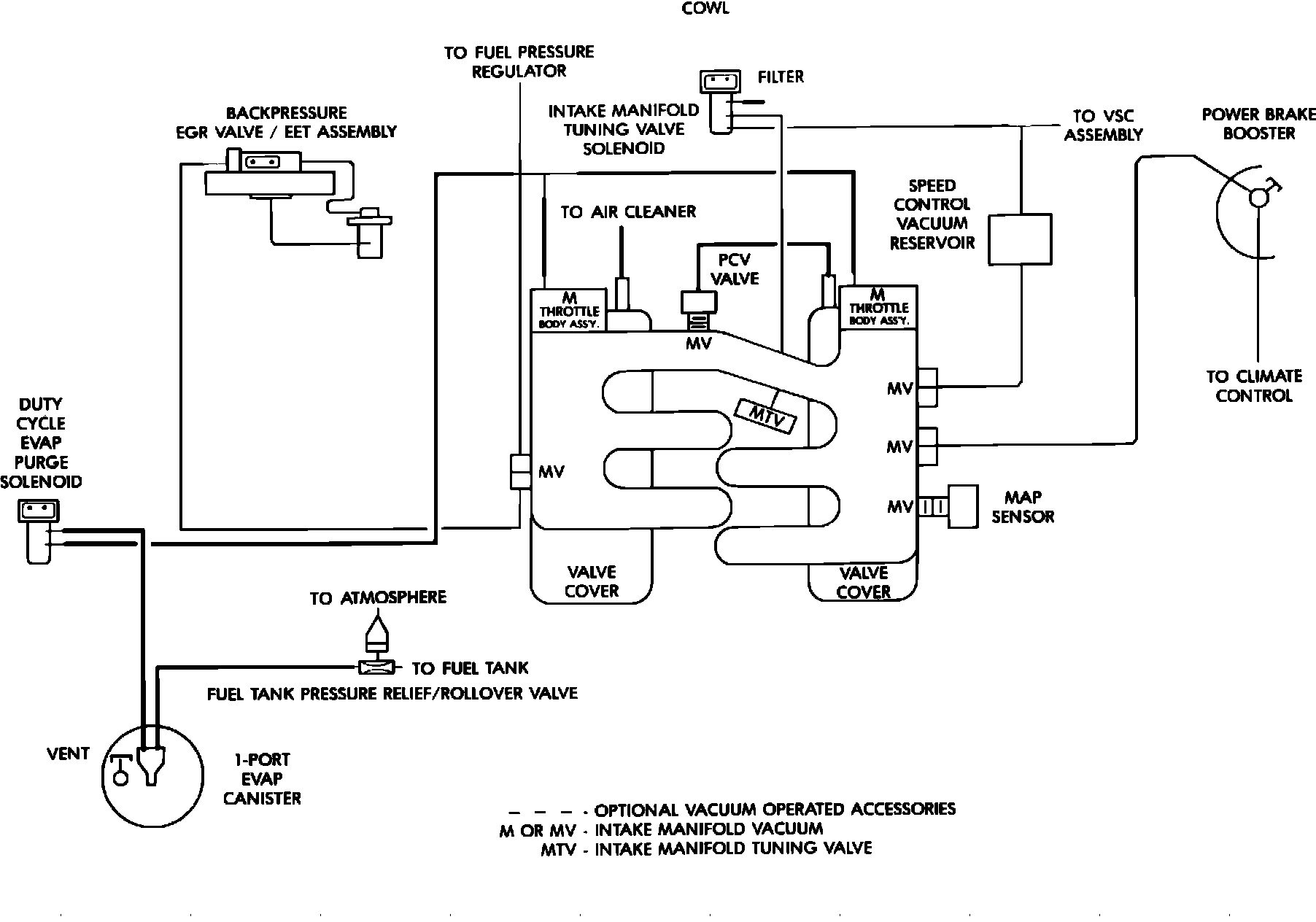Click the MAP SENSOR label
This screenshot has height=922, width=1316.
(1023, 506)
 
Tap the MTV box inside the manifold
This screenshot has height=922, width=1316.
(766, 414)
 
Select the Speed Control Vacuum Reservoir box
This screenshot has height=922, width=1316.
(1020, 239)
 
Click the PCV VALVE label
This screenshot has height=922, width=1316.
(735, 269)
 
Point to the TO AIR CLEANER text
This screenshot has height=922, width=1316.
(628, 212)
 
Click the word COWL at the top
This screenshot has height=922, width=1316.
(705, 9)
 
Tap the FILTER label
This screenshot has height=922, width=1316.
(781, 77)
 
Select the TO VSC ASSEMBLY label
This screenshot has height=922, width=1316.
(1103, 125)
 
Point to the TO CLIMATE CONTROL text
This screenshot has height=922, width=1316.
(1254, 386)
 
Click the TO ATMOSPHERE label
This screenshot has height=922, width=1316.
(378, 598)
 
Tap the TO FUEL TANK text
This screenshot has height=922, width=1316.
(470, 668)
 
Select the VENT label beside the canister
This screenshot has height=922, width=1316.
(68, 754)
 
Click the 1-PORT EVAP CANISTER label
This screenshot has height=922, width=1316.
(262, 778)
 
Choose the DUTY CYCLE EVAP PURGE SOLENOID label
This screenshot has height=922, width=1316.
(41, 443)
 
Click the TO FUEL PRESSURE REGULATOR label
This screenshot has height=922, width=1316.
(519, 62)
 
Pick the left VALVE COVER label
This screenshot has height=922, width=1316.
(592, 581)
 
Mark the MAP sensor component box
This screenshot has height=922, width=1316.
(962, 506)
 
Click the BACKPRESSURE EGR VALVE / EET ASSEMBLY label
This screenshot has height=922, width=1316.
(286, 123)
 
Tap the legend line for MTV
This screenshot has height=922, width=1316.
(706, 848)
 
